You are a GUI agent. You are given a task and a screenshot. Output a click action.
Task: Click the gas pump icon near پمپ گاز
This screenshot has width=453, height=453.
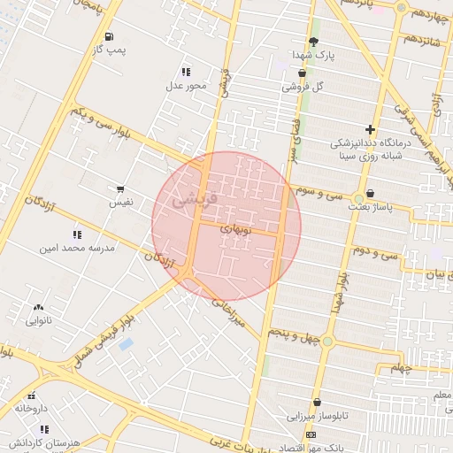[x=109, y=36]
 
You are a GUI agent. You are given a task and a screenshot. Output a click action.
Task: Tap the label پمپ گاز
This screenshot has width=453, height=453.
[x=111, y=50]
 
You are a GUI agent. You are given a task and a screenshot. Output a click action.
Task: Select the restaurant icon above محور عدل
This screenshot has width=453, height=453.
[x=186, y=72]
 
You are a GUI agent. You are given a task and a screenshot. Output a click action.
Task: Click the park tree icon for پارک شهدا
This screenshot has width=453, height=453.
[x=313, y=42]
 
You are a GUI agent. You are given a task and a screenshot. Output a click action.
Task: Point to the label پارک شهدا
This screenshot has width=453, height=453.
[x=312, y=55]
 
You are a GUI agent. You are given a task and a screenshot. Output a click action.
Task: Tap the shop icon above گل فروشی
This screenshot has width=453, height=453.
[x=303, y=73]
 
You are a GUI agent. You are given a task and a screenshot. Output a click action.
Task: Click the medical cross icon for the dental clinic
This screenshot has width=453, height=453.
[x=370, y=129]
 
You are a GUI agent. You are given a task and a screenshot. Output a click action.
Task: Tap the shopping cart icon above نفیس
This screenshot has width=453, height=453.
[x=120, y=189]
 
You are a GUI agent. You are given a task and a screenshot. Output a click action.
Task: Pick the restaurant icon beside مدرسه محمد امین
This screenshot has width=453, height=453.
[x=77, y=234]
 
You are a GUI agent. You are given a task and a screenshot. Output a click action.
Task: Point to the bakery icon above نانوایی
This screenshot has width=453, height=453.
[x=38, y=307]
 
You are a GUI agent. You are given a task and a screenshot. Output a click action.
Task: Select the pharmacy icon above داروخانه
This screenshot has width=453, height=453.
[x=32, y=395]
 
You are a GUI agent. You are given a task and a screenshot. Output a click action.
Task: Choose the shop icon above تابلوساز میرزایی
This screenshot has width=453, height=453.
[x=316, y=403]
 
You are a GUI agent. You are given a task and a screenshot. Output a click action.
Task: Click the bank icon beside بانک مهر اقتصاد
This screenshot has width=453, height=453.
[x=311, y=435]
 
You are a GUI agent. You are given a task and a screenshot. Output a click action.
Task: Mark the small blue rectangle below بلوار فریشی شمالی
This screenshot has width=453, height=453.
[x=126, y=343]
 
